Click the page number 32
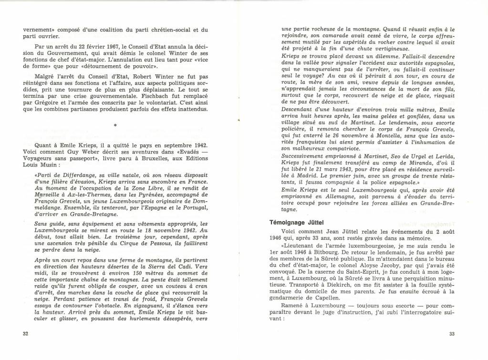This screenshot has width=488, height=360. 26,333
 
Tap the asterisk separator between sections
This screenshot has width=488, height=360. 115,125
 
